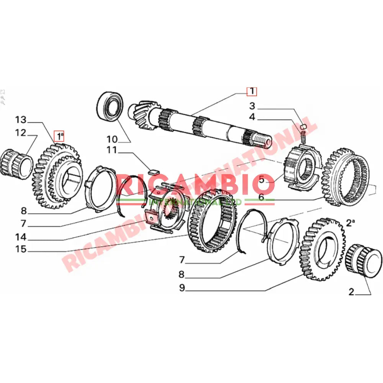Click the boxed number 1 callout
[252, 92]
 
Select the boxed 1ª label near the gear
[59, 136]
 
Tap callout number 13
[21, 120]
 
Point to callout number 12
[21, 133]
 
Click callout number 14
[21, 237]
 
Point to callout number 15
[21, 249]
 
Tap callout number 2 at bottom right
[351, 292]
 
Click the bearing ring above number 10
[110, 104]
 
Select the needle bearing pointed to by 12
[17, 163]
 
